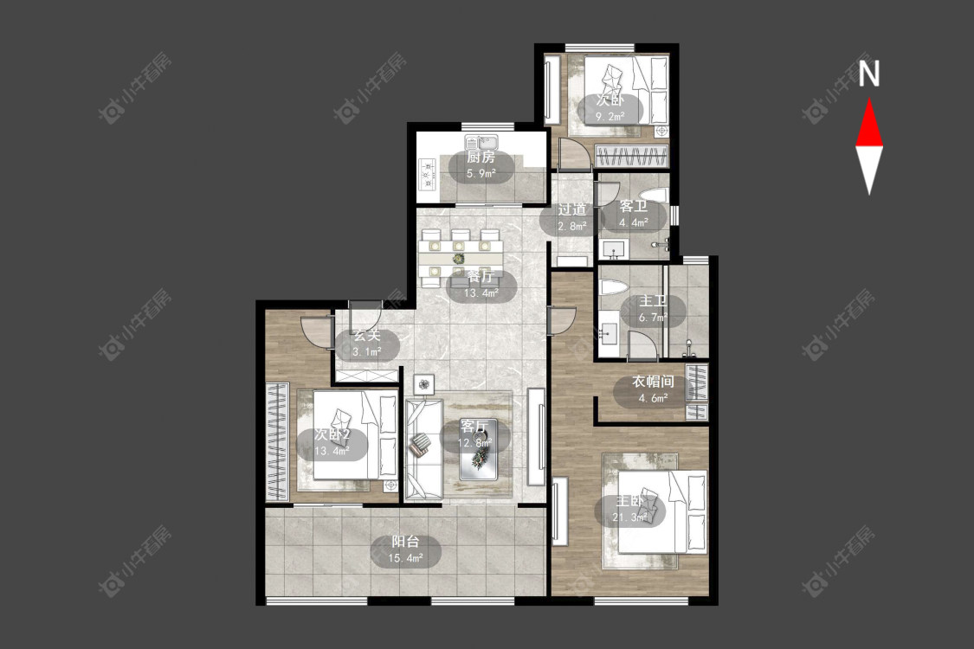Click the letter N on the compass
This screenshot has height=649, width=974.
point(869,74)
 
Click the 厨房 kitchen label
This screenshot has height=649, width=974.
point(481,157)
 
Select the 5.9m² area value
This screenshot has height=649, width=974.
point(481,173)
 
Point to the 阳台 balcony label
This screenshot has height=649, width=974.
point(405,542)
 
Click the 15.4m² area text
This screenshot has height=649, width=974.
point(406,558)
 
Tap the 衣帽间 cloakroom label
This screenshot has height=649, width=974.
point(653,382)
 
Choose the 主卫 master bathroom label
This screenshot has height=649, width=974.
point(653,301)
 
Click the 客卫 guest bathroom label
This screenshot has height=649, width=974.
point(634,206)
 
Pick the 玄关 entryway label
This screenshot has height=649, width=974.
point(366,336)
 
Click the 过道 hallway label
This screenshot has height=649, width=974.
point(571,209)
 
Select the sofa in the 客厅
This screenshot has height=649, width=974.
point(423,449)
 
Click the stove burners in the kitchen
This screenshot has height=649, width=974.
point(428,174)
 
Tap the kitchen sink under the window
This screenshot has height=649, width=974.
point(480,142)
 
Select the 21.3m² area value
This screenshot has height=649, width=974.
point(630,517)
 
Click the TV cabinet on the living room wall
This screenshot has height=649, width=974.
point(536,437)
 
